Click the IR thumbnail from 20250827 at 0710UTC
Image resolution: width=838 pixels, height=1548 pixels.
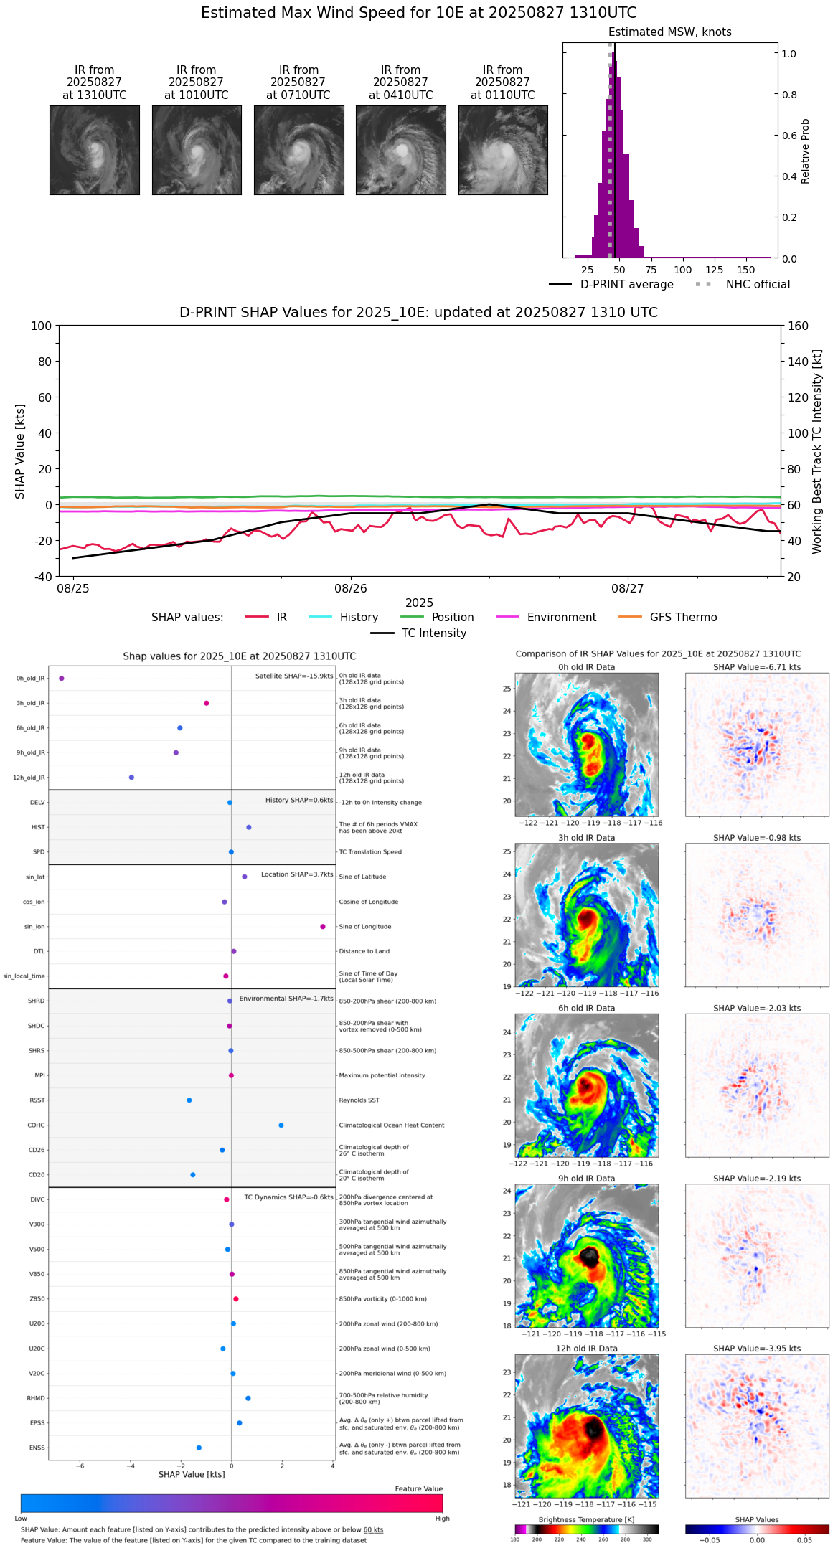coord(298,150)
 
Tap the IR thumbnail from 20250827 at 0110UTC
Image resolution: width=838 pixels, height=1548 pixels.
coord(503,150)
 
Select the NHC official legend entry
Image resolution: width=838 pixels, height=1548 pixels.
coord(758,285)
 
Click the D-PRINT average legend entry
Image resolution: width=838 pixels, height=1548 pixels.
coord(626,285)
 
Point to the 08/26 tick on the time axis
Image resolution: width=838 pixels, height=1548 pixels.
coord(350,588)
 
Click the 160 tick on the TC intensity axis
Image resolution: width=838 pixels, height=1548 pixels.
coord(798,326)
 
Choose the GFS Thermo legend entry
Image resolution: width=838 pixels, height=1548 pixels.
coord(683,618)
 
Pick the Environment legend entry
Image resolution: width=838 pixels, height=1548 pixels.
coord(561,618)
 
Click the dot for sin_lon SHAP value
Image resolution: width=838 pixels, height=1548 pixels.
coord(323,927)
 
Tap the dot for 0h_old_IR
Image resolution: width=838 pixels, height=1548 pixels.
coord(62,679)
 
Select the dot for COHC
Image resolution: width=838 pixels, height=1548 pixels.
coord(281,1125)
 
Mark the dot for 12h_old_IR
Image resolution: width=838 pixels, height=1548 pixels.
coord(131,778)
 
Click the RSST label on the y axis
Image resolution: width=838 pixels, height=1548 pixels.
coord(37,1100)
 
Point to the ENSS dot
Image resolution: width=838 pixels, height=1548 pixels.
coord(199,1448)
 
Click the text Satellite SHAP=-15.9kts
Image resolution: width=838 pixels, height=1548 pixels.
coord(294,676)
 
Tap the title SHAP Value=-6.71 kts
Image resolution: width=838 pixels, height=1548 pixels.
coord(757,667)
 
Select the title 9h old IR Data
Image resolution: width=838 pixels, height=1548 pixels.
coord(586,1179)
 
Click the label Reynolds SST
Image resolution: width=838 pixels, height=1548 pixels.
coord(359,1100)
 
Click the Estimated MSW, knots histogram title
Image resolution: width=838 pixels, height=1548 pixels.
coord(669,32)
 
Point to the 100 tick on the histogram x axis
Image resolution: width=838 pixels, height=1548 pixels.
coord(683,270)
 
